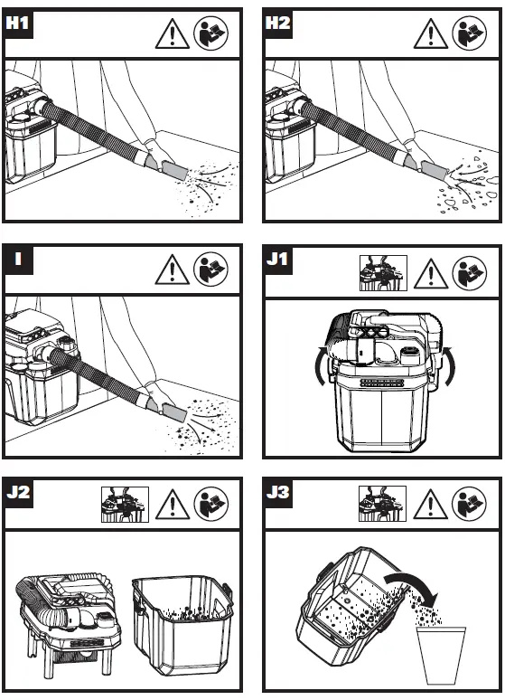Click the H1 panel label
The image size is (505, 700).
pos(17,23)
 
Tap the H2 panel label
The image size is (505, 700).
pos(277,23)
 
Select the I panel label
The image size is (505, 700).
pos(18,259)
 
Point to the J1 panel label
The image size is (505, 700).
pos(277,260)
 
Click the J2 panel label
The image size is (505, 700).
pos(18,492)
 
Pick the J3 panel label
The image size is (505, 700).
pos(277,492)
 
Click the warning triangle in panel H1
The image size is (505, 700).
pos(173,34)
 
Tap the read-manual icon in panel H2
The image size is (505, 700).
pos(469,33)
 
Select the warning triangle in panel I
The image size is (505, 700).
pos(173,270)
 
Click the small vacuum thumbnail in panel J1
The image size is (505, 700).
pos(383,273)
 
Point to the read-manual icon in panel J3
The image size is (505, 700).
pos(469,504)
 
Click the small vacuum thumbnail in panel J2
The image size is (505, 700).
pos(125,505)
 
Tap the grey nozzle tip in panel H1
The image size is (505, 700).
pos(175,170)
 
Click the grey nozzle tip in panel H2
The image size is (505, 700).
pos(435,171)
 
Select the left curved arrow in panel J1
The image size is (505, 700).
pos(321,366)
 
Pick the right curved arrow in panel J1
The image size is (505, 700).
pos(450,366)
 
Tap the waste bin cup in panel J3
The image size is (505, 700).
pos(441,655)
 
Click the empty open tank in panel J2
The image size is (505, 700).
pos(182,625)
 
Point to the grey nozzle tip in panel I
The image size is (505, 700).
pos(174,412)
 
